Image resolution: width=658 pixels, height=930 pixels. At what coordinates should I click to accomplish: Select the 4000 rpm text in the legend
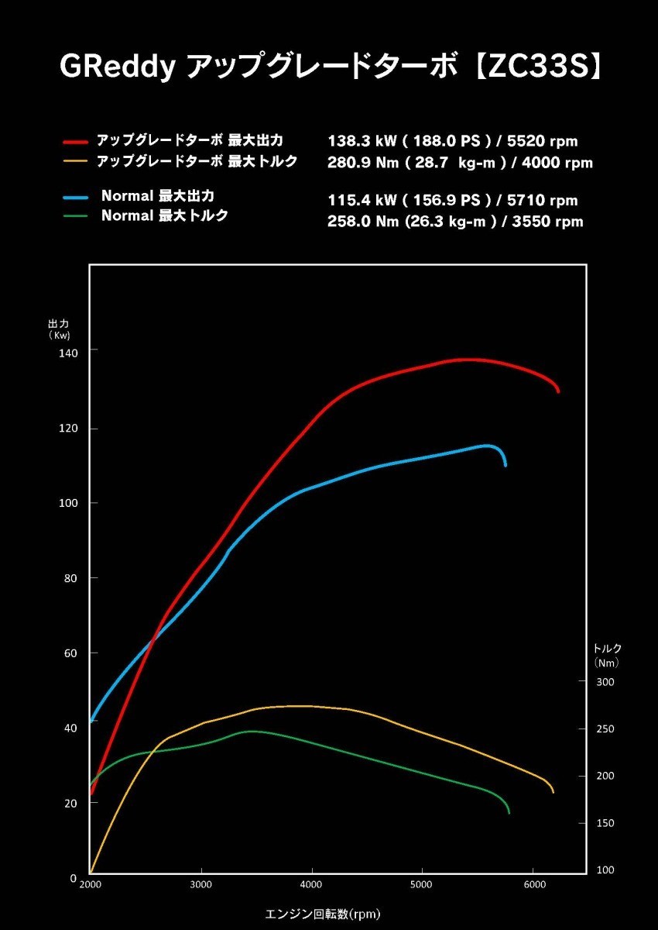click(x=557, y=163)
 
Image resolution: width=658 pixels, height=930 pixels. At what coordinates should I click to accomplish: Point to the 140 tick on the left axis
click(x=70, y=353)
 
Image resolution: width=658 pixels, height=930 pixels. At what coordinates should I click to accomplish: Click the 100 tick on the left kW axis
click(x=70, y=503)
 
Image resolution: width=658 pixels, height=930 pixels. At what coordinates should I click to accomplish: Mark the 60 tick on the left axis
click(x=71, y=653)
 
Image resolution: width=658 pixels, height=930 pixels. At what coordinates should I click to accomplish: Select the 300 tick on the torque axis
click(x=605, y=682)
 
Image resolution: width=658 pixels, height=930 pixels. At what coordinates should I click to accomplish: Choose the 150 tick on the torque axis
click(x=605, y=823)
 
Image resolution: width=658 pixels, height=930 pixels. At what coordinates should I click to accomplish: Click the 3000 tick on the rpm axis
click(x=201, y=884)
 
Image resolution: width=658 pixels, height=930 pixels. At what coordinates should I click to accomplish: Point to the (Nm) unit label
click(x=607, y=663)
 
